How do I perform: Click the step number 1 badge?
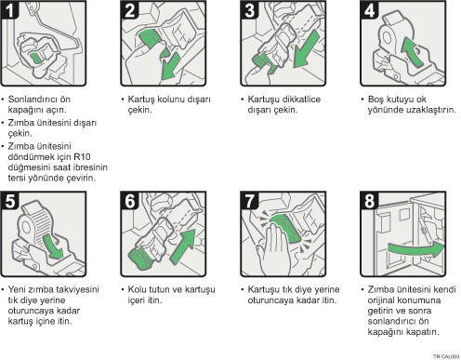9,9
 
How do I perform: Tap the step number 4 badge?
369,9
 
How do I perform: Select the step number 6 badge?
129,201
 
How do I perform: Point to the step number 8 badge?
369,201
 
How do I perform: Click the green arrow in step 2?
170,67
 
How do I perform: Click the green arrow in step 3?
306,49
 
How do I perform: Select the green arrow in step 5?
53,247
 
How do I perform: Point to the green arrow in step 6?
184,247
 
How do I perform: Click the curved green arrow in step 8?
416,248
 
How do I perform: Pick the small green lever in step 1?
35,58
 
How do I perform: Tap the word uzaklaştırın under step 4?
433,110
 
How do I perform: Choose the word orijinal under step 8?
381,300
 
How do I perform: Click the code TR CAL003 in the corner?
446,356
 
